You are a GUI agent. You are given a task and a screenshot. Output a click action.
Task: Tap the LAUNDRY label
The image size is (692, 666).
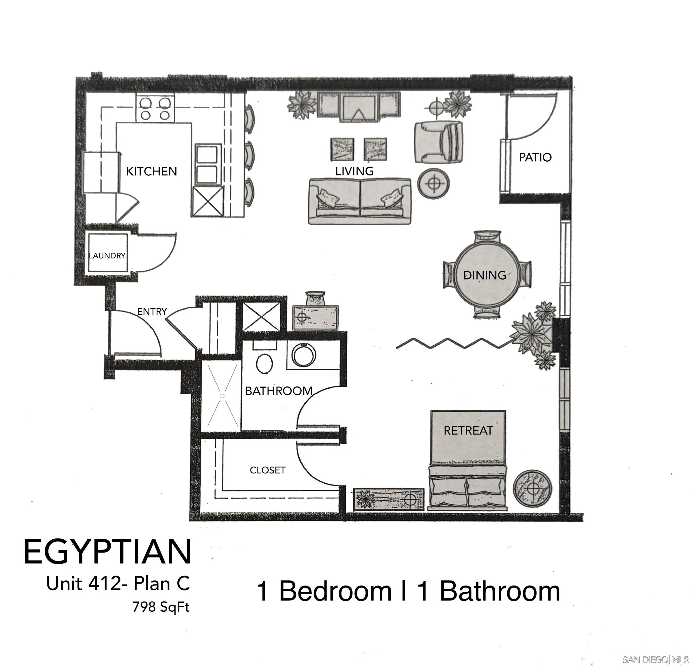(107, 256)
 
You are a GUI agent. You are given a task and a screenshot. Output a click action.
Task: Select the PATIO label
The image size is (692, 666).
(535, 157)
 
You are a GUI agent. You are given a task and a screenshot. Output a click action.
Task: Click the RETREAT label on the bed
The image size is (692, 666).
(468, 430)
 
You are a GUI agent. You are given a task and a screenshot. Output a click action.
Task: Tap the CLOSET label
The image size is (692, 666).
(267, 470)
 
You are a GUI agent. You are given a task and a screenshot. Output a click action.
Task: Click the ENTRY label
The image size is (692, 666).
(152, 311)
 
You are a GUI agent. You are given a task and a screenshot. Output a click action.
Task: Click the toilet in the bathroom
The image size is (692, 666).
(264, 363)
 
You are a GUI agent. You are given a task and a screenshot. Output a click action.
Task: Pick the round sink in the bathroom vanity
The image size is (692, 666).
(304, 355)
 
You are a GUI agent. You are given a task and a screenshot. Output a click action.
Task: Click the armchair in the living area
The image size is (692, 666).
(439, 142)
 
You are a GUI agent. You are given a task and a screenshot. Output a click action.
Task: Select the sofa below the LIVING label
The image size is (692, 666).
(359, 201)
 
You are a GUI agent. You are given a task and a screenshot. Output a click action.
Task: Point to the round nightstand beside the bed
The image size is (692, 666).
(532, 489)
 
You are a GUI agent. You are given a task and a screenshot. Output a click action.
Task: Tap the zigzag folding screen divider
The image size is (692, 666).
(454, 343)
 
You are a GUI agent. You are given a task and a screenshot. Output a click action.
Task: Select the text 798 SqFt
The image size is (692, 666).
(161, 607)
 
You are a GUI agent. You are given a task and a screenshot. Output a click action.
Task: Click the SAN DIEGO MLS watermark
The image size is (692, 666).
(655, 659)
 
